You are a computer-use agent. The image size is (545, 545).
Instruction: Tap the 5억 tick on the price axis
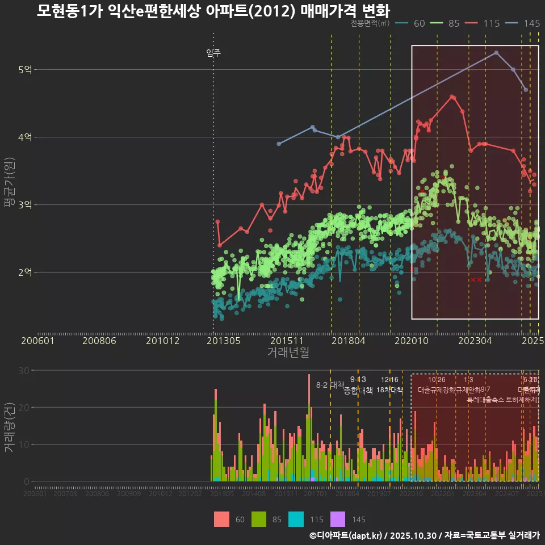pyautogui.click(x=25, y=70)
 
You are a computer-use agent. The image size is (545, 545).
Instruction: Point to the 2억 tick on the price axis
pyautogui.click(x=25, y=272)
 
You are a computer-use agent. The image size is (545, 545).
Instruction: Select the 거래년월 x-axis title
pyautogui.click(x=288, y=352)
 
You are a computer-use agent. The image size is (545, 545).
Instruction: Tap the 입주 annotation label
pyautogui.click(x=213, y=53)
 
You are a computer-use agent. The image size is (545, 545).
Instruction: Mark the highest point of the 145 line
pyautogui.click(x=496, y=53)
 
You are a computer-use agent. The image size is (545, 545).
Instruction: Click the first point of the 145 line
pyautogui.click(x=279, y=144)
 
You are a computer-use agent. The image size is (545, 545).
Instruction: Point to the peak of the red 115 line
pyautogui.click(x=452, y=97)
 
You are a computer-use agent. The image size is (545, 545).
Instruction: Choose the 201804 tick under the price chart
pyautogui.click(x=348, y=341)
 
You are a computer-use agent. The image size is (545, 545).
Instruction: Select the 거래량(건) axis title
pyautogui.click(x=9, y=427)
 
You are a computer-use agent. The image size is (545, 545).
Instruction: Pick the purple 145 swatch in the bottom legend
pyautogui.click(x=338, y=519)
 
